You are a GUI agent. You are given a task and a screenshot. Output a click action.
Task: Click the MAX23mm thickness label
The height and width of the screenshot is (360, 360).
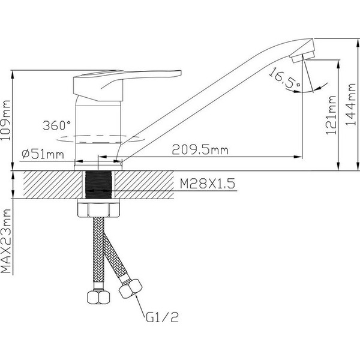click(7, 241)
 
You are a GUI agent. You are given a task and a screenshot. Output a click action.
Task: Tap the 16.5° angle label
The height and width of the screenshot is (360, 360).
click(285, 80)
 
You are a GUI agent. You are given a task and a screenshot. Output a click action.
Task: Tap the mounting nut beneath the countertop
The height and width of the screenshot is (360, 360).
click(99, 211)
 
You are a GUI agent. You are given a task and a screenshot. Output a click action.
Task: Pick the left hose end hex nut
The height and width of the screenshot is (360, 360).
click(98, 298)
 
